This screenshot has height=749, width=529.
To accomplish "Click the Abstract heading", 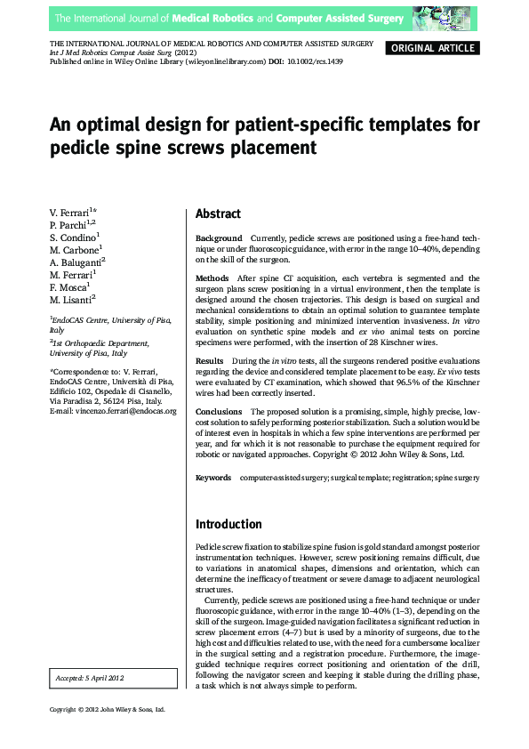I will point(218,214).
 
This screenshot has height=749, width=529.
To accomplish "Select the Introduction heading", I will point(228,524).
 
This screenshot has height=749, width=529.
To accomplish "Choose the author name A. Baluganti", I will point(76,263).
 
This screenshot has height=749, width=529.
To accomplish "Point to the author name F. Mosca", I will point(70,288).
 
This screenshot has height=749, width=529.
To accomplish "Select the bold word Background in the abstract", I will point(219,238).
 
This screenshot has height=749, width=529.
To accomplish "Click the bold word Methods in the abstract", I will point(212,278).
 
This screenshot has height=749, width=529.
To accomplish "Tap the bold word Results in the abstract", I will point(211,359).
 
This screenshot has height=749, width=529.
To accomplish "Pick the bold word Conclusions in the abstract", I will point(219,412).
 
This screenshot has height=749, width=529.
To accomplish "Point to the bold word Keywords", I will point(213,478).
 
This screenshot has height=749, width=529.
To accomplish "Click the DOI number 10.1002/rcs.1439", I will point(314,61).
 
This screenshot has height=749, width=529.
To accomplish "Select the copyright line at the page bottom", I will point(108,709).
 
